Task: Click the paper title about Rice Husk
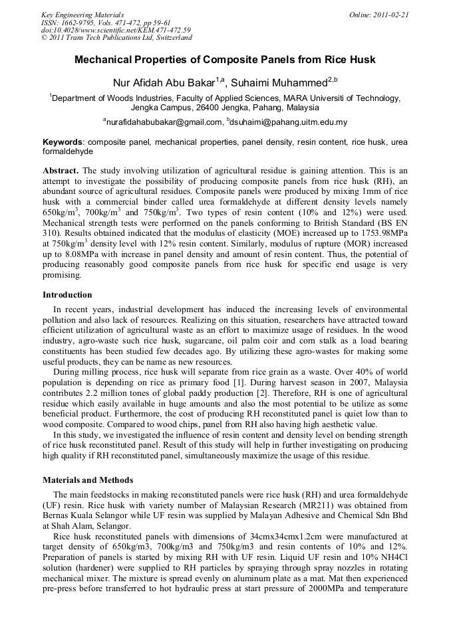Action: coord(225,60)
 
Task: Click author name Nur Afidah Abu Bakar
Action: coord(168,82)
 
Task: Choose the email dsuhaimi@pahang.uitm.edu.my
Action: coord(289,122)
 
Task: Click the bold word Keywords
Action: coord(63,142)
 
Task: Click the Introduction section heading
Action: coord(67,295)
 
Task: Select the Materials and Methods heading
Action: coord(88,480)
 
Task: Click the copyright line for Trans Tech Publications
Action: coord(116,38)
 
